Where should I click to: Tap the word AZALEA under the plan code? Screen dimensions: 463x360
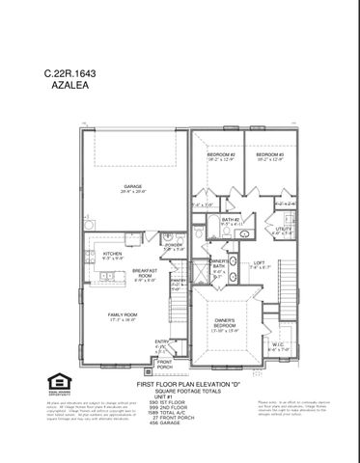click(65, 85)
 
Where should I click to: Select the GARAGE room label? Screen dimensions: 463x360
click(132, 187)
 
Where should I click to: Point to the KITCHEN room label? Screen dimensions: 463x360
click(113, 256)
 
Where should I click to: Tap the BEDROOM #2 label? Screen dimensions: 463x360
click(221, 156)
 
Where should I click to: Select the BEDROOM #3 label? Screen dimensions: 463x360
click(269, 156)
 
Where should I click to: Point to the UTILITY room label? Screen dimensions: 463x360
click(283, 230)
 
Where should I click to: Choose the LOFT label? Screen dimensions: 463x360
click(259, 264)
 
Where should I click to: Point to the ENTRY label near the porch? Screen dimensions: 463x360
click(161, 341)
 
